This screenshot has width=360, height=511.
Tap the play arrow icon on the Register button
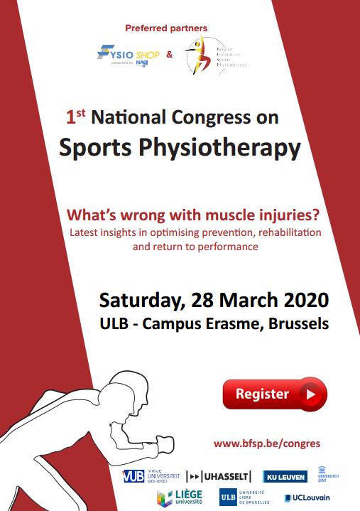[x=310, y=394]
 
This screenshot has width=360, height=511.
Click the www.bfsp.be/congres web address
[x=266, y=443]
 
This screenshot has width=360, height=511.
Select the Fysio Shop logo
[x=130, y=54]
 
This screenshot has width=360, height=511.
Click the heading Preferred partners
[x=166, y=28]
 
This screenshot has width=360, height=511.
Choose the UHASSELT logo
[x=219, y=475]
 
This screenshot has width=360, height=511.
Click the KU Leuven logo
[x=285, y=475]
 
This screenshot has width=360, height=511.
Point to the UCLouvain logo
[x=307, y=497]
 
